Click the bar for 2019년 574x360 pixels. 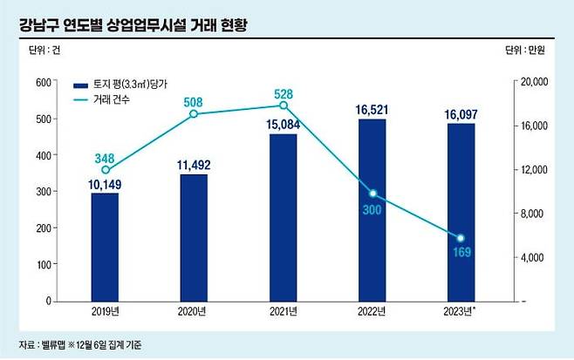coord(104,247)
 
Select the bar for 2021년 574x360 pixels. coord(283,218)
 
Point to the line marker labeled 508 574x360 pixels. coord(194,114)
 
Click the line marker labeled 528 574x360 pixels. coord(283,105)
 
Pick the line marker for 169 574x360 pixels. coord(461,238)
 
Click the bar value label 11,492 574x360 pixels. coord(194,165)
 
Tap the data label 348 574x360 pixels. coord(104,157)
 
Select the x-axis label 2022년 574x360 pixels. coord(372,312)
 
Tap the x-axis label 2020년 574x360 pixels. coord(194,312)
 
